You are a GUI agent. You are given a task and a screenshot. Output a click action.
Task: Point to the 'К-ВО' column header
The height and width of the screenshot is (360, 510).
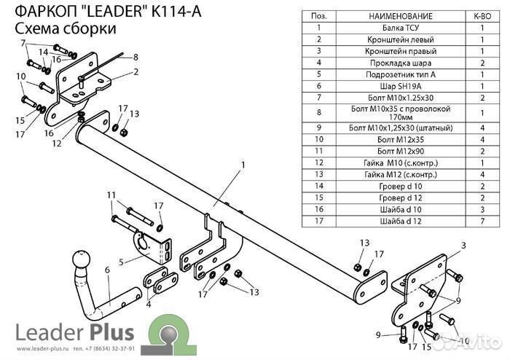click(482, 16)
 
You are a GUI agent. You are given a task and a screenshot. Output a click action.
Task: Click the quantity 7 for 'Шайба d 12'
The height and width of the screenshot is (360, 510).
click(482, 221)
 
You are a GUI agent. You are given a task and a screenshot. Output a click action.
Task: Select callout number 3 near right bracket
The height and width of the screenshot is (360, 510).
click(462, 247)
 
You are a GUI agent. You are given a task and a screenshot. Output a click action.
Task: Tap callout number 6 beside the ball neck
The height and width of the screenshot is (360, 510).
click(107, 270)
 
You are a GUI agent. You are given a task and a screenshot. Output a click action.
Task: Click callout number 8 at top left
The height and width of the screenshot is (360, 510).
click(135, 57)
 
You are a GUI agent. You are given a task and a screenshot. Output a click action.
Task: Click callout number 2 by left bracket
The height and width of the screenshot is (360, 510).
click(135, 71)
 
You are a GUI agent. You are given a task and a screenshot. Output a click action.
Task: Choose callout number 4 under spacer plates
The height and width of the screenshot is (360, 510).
click(148, 304)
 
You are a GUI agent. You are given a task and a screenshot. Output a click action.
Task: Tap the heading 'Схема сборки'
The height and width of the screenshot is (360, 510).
click(66, 28)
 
